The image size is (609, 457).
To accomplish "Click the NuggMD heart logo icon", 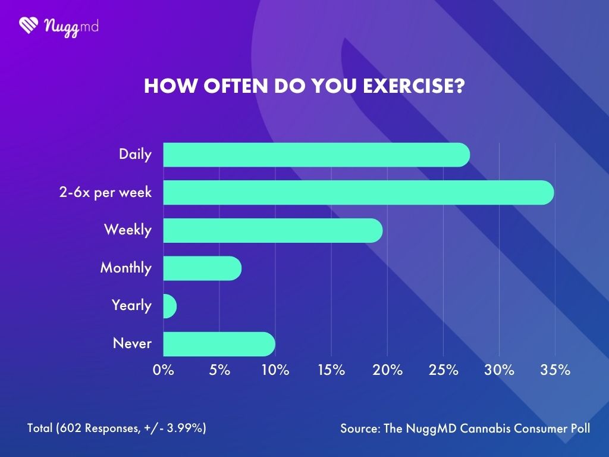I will point(29,25).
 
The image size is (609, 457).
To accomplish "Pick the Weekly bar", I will point(272,230).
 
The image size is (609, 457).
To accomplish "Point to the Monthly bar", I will point(202,268).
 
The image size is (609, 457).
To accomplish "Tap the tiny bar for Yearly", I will point(169,306).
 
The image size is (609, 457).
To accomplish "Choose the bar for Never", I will point(219,344).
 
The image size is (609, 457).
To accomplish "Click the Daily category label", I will point(135,155).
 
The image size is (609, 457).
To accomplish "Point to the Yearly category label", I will point(131,306).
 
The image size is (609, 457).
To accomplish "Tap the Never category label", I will point(132,344).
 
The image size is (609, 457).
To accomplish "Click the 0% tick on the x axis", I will point(164,370).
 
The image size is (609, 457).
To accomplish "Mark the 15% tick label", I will point(331,370).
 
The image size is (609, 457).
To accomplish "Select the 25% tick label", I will point(444,370).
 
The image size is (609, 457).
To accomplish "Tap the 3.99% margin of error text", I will point(184,428).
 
